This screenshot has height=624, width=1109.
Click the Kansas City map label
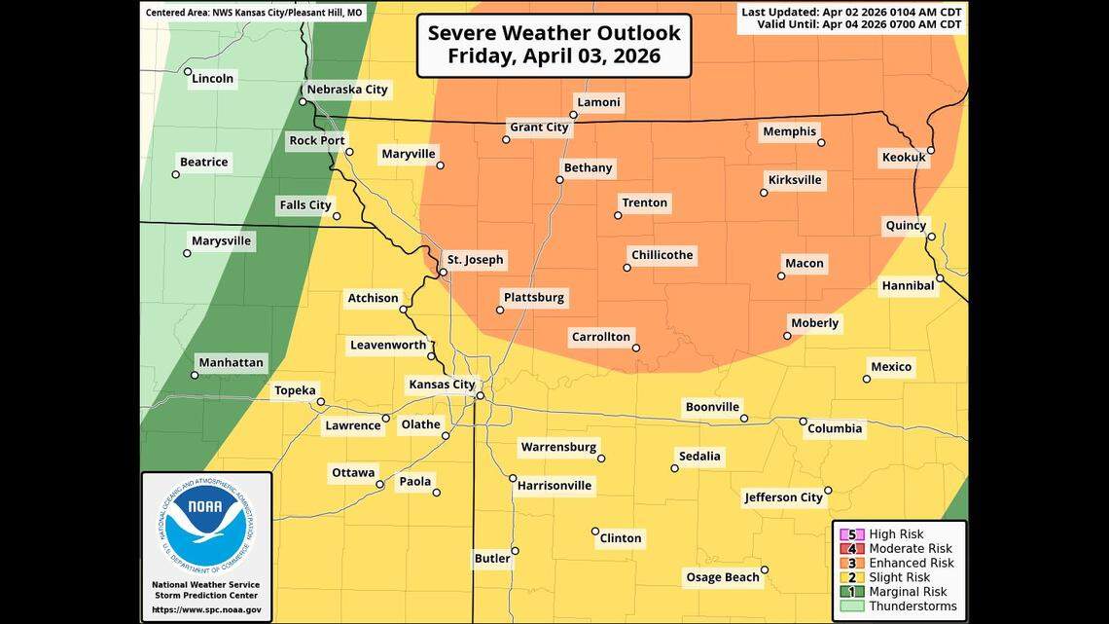tap(441, 385)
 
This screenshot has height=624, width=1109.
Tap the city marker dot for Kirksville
tap(764, 193)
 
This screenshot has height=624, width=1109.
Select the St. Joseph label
tap(475, 260)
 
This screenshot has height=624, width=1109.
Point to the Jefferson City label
tap(783, 497)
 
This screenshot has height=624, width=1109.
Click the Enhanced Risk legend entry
tap(911, 563)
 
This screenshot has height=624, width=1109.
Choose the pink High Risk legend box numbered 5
tap(852, 534)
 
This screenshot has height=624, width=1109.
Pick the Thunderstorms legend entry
tap(912, 606)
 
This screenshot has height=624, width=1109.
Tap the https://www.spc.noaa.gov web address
tap(206, 609)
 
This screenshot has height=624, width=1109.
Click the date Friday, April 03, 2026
tap(554, 56)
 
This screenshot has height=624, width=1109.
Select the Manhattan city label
tap(231, 363)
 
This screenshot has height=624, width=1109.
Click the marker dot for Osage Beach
tap(765, 570)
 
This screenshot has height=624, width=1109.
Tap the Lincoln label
tap(213, 79)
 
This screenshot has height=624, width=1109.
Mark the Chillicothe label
tap(662, 255)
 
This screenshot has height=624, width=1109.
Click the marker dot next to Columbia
tap(804, 422)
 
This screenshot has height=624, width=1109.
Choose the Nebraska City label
tap(347, 90)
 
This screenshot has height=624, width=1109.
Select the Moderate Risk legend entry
tap(911, 548)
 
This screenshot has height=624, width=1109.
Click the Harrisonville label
tap(554, 486)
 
